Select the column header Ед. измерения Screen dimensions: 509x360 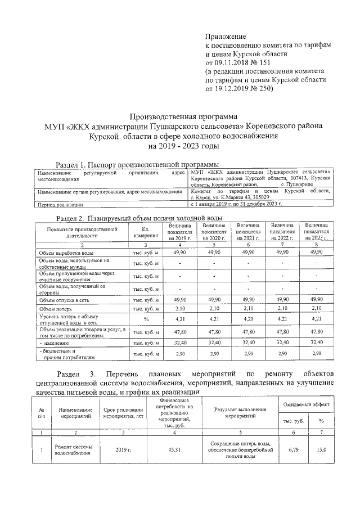(x=145, y=231)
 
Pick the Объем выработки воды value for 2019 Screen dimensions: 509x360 (x=180, y=253)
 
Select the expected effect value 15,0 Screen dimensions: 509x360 (x=321, y=449)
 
